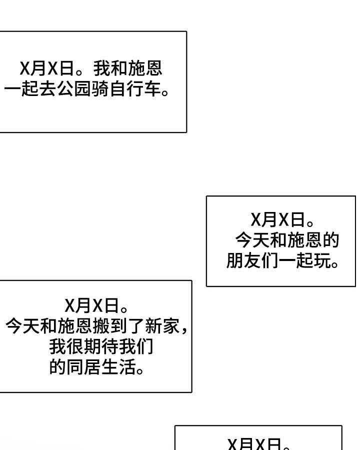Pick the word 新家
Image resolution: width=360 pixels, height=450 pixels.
pos(161,326)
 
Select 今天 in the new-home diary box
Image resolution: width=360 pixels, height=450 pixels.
pos(22,326)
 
